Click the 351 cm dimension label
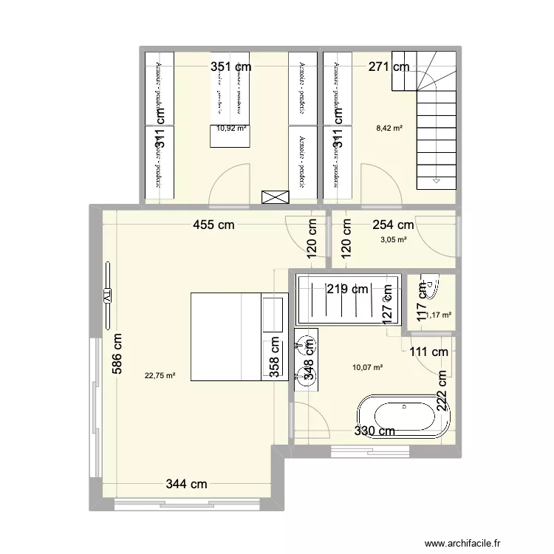(231, 67)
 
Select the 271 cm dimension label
(389, 67)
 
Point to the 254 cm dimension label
(392, 225)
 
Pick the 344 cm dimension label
(186, 485)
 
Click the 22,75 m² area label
(160, 375)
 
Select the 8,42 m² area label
(389, 128)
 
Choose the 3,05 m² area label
(393, 239)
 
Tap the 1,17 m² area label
(438, 315)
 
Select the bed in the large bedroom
(236, 337)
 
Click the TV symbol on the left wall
(106, 295)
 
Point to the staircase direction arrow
(437, 179)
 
